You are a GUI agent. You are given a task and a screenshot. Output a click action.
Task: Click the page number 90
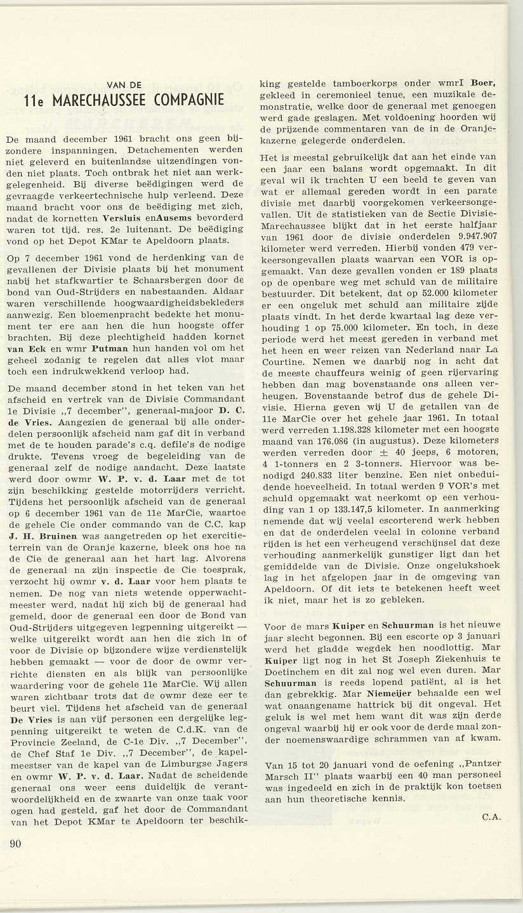16,843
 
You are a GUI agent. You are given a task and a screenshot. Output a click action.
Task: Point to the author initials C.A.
491,817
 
